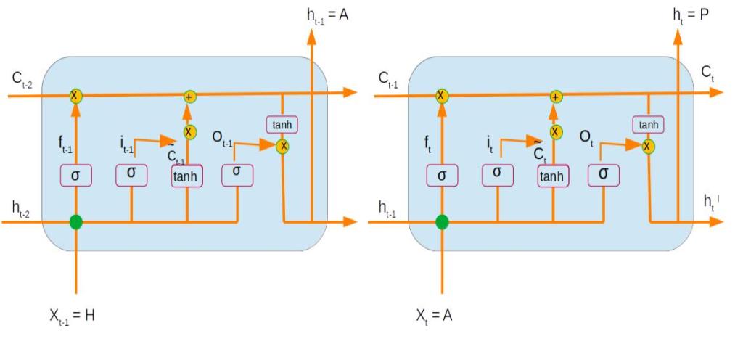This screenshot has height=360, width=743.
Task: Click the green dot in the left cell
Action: click(x=75, y=221)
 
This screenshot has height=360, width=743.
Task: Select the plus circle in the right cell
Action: click(x=556, y=96)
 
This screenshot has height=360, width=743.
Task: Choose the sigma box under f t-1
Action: click(x=75, y=175)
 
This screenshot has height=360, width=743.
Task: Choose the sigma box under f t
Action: click(x=442, y=175)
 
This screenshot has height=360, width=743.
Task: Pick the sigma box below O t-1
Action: click(x=237, y=173)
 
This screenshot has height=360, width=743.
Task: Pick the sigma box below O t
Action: click(x=603, y=174)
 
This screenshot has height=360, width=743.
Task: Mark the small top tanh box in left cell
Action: click(x=282, y=125)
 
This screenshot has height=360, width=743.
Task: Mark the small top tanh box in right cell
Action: click(x=648, y=125)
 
